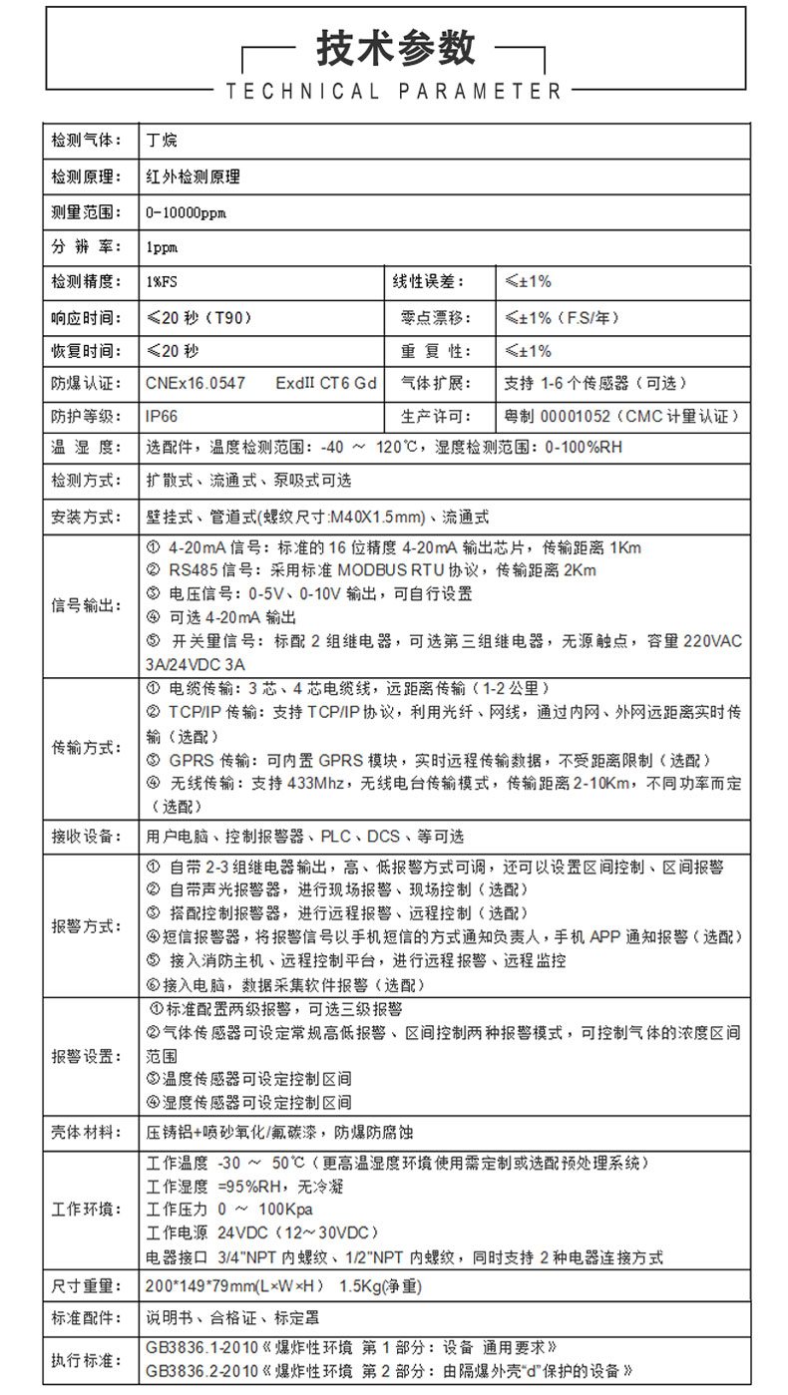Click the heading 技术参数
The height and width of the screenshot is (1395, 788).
(395, 47)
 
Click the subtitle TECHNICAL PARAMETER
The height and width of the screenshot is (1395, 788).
(395, 92)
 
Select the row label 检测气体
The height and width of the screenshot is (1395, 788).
(86, 141)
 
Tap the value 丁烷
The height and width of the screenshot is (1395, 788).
(162, 141)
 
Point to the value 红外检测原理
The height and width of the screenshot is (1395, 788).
(193, 177)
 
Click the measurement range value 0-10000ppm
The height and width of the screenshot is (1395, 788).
(186, 212)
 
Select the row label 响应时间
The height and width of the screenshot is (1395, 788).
(86, 318)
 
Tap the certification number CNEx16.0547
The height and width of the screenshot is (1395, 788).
(196, 383)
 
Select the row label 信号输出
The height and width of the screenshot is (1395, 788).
(86, 606)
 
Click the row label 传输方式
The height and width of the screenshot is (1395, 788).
(86, 748)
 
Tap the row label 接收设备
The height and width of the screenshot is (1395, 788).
(86, 836)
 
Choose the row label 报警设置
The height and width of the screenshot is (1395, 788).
(86, 1056)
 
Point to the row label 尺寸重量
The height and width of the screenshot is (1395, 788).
(86, 1286)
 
